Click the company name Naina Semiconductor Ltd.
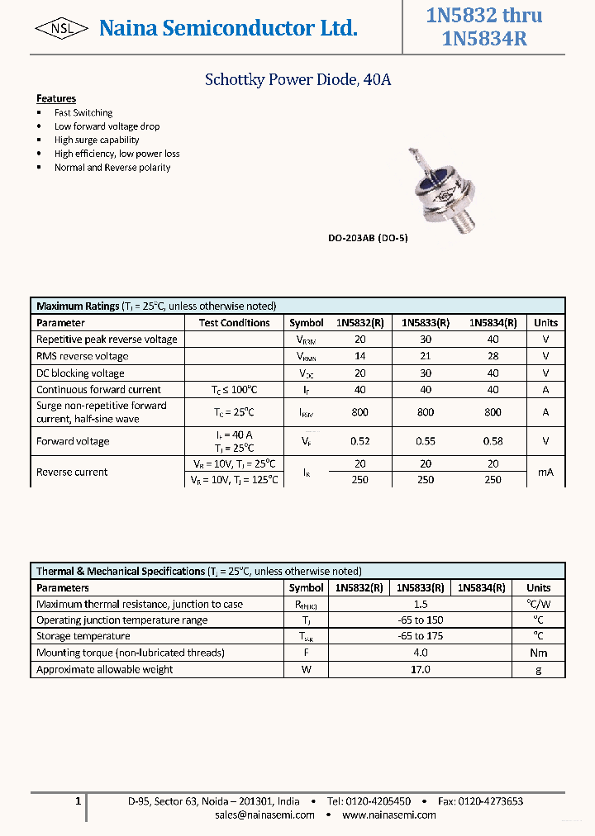click(228, 29)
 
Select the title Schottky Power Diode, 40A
click(297, 80)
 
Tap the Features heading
click(56, 98)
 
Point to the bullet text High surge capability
click(97, 140)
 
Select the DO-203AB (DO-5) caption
click(368, 238)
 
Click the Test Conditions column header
click(234, 323)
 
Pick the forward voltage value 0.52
click(360, 441)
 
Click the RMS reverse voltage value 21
click(425, 356)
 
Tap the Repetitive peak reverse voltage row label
click(107, 340)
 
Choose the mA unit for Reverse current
click(545, 472)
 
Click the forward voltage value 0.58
click(493, 441)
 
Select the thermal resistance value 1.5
click(420, 605)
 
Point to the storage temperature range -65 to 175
click(420, 636)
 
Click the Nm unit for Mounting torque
click(538, 653)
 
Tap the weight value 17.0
click(420, 669)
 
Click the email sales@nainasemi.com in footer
click(264, 815)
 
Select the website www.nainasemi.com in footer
click(388, 815)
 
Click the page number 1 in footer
click(78, 801)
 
